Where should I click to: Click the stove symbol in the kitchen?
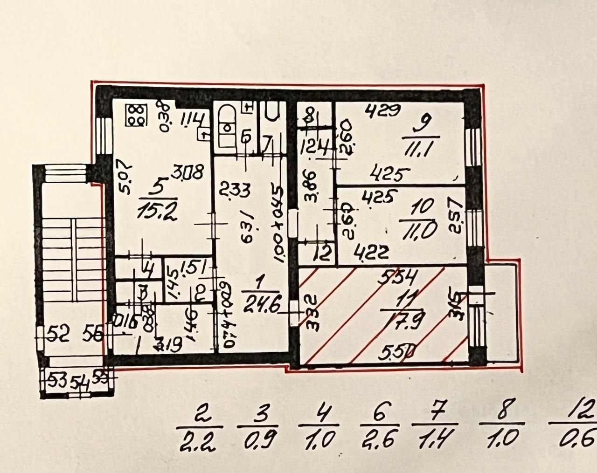pos(136,115)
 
